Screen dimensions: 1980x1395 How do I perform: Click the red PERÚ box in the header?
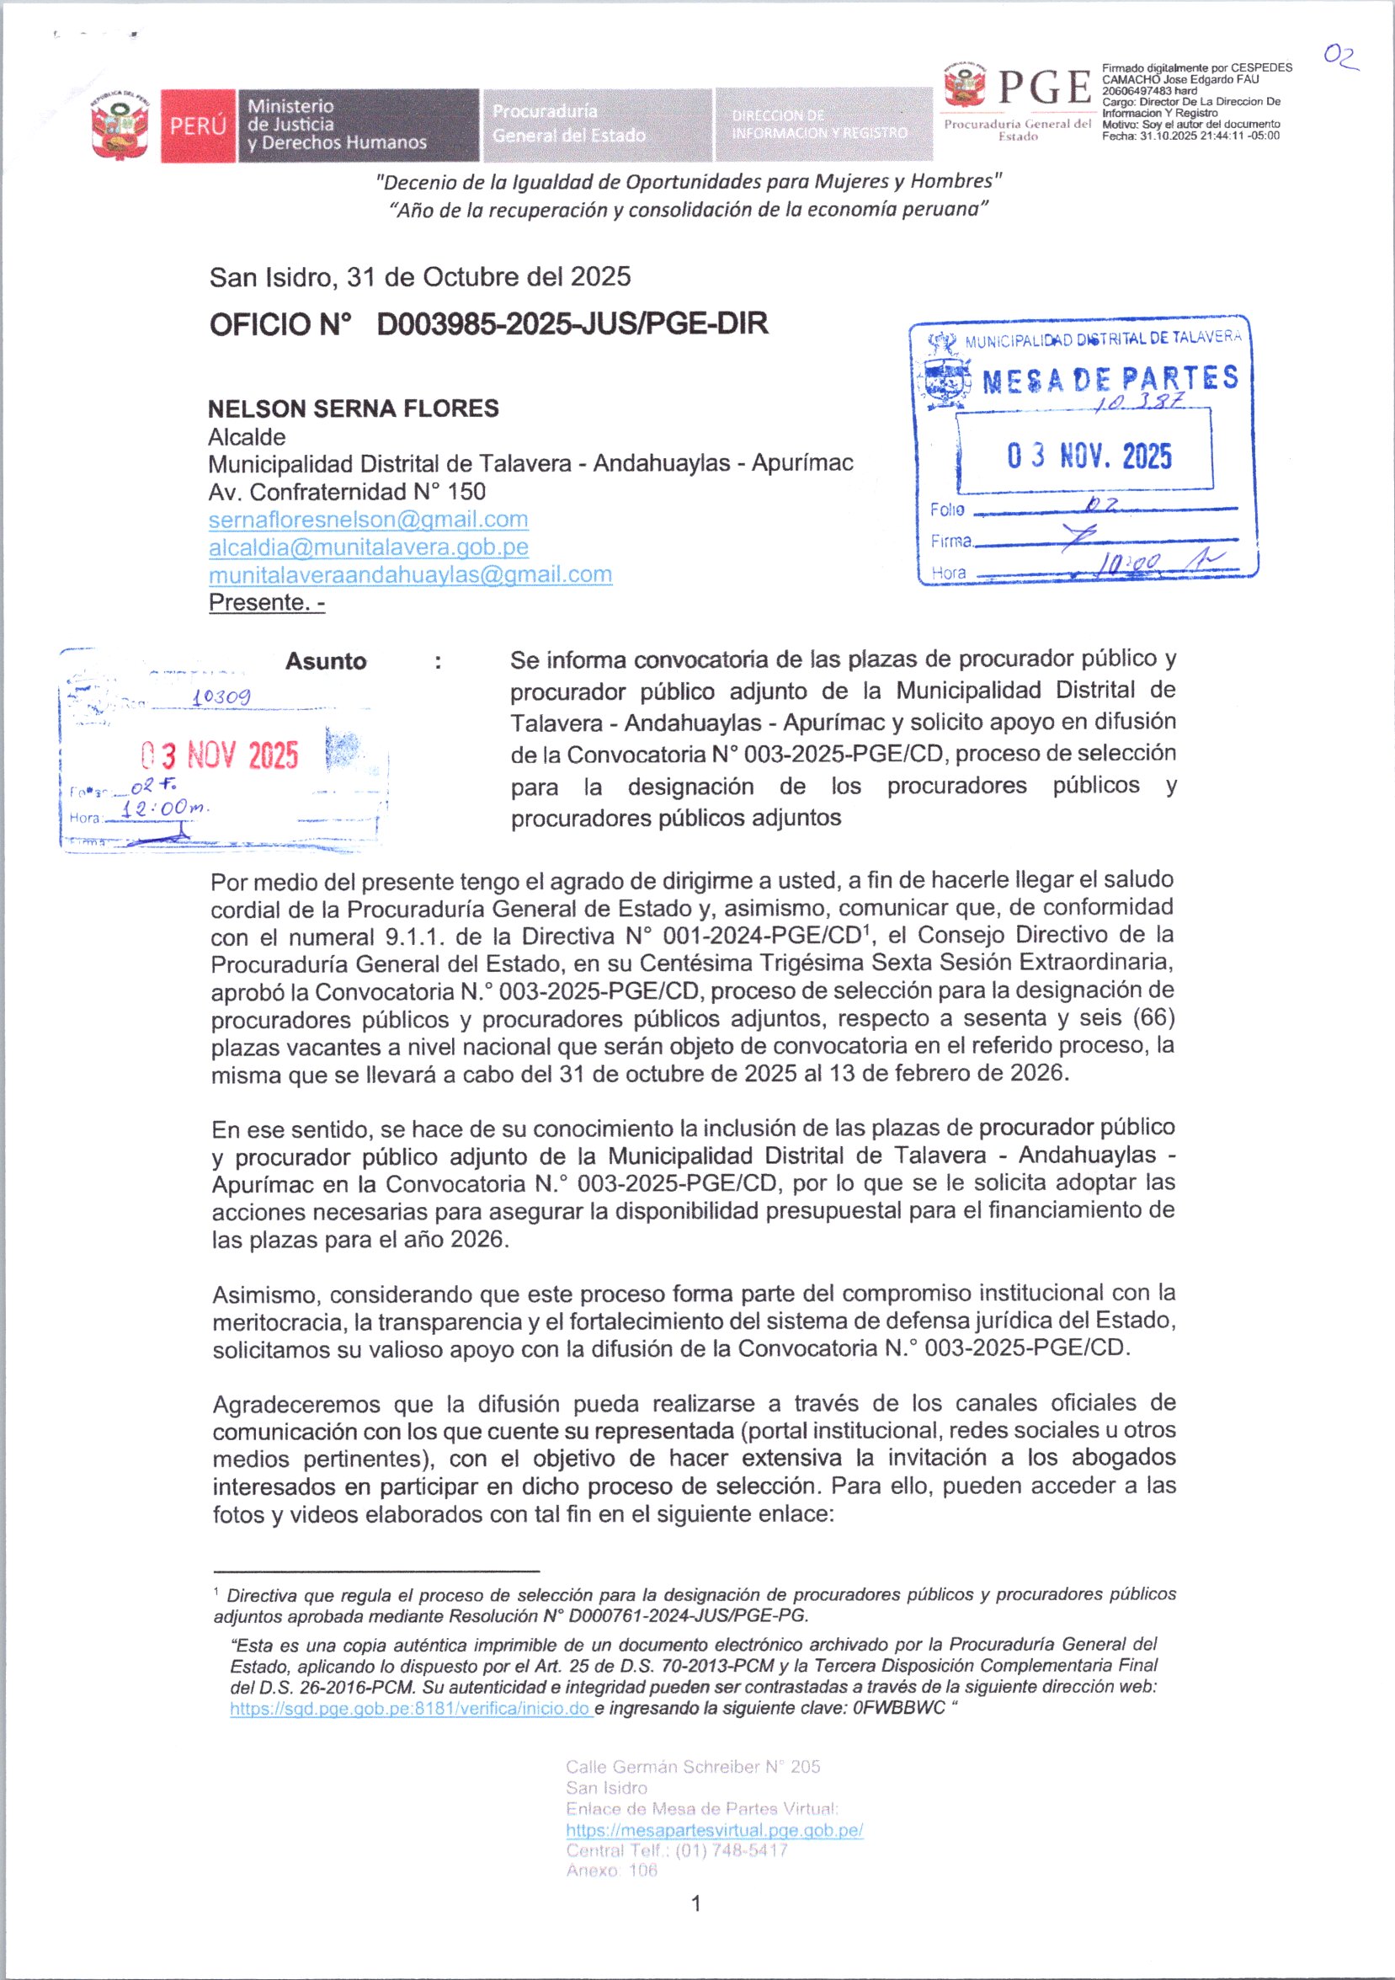198,125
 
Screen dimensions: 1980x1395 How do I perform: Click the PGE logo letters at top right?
1043,88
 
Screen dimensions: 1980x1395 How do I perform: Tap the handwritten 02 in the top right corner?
1340,57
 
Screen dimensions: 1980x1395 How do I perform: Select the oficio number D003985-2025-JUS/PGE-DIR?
572,324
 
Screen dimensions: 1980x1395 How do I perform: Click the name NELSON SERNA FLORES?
354,408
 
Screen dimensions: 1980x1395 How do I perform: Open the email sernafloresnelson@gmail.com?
368,519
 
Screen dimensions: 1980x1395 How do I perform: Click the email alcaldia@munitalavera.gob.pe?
368,547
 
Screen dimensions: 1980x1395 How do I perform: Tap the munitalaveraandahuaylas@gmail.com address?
410,574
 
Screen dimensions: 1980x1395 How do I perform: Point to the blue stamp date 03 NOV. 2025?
1089,456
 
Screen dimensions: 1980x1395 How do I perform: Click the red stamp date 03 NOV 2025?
221,755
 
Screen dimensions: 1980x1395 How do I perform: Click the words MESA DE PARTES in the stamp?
1110,380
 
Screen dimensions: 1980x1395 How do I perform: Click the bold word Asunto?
326,661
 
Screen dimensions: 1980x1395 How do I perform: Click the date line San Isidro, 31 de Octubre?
420,277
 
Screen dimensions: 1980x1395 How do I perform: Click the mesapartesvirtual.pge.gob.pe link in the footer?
714,1830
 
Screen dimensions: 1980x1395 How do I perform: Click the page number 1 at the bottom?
695,1904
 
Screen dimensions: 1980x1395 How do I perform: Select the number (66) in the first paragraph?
1155,1017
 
